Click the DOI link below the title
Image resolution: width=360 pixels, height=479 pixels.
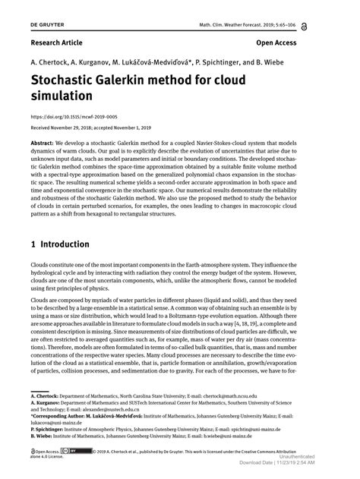74,118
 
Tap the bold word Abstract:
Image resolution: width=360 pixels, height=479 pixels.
46,143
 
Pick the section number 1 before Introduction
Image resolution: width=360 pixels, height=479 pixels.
34,245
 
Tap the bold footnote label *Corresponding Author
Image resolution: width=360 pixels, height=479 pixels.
68,416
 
